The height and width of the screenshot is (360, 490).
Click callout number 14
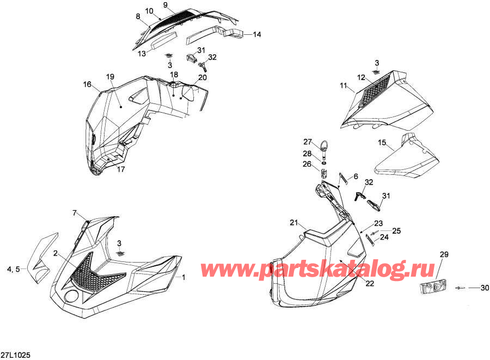point(257,34)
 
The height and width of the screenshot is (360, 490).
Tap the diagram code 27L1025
point(16,355)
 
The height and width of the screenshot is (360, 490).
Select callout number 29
point(444,254)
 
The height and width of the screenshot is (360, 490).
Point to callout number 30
point(485,288)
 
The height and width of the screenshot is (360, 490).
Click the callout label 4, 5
point(14,269)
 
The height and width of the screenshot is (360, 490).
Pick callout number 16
point(87,84)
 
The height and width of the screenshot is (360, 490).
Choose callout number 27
point(308,142)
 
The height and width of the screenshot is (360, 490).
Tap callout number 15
point(382,143)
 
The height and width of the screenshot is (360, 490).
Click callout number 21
point(294,223)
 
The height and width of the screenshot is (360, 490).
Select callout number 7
point(75,213)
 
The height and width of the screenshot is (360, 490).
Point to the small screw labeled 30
point(460,288)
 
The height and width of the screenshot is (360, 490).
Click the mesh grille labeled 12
point(374,91)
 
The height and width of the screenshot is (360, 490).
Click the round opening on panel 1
point(71,296)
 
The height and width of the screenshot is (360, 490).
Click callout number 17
point(121,169)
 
